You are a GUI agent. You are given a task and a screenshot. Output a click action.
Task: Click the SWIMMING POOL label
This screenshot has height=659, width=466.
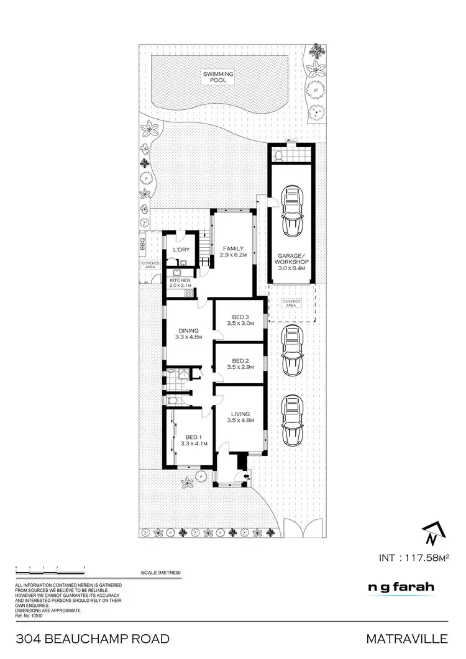pyautogui.click(x=218, y=78)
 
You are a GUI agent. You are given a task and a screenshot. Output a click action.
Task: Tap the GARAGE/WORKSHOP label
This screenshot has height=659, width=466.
pyautogui.click(x=291, y=259)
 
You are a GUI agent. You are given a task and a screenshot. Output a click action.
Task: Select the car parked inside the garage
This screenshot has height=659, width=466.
pyautogui.click(x=291, y=212)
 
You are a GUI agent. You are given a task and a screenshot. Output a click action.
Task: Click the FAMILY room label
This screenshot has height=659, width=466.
pyautogui.click(x=232, y=252)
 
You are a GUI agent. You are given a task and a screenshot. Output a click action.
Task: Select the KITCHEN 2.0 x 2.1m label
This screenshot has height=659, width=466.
pyautogui.click(x=181, y=283)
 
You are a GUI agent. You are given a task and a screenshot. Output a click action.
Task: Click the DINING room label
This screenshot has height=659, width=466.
pyautogui.click(x=188, y=334)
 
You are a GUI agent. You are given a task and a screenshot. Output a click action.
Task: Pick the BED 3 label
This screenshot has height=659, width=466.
pyautogui.click(x=240, y=320)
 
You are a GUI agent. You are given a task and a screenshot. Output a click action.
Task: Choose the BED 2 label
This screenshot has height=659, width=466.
pyautogui.click(x=240, y=364)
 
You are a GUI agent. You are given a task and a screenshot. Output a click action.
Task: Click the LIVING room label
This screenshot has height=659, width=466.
pyautogui.click(x=240, y=417)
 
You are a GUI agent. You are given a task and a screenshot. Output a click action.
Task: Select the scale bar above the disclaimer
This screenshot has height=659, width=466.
pyautogui.click(x=50, y=568)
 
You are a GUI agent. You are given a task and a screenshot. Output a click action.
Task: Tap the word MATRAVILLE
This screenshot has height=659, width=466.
pyautogui.click(x=406, y=639)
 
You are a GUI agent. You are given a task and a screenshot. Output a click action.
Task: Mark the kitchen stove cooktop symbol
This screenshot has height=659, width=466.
pyautogui.click(x=187, y=293)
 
